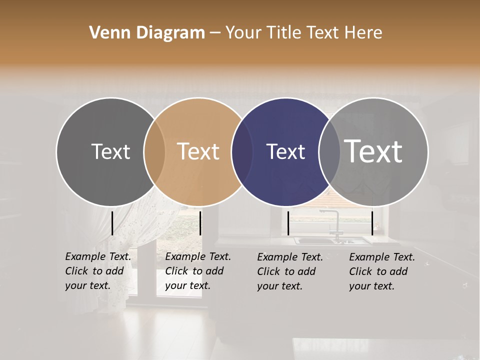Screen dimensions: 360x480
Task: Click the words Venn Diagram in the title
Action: pyautogui.click(x=147, y=32)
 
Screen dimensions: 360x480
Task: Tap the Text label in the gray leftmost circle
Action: pyautogui.click(x=110, y=151)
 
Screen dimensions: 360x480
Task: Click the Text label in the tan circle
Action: pyautogui.click(x=198, y=151)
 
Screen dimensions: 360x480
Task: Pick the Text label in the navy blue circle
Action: pyautogui.click(x=286, y=152)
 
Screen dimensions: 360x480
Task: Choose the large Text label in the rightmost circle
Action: pyautogui.click(x=373, y=151)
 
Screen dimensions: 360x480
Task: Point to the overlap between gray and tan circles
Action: pyautogui.click(x=154, y=152)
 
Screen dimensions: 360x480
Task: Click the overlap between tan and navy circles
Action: pyautogui.click(x=242, y=152)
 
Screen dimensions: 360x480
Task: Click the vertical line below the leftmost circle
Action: pyautogui.click(x=112, y=223)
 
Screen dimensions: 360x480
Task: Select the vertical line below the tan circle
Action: pyautogui.click(x=200, y=223)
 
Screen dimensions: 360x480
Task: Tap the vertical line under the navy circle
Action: pyautogui.click(x=288, y=223)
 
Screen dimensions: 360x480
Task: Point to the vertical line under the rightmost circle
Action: pyautogui.click(x=372, y=223)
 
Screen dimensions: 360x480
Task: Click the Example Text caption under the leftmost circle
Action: pyautogui.click(x=98, y=271)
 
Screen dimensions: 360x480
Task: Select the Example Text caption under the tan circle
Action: pyautogui.click(x=198, y=271)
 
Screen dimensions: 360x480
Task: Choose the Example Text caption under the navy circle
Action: pyautogui.click(x=290, y=271)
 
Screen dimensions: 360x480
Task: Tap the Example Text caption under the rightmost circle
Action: pyautogui.click(x=382, y=271)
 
